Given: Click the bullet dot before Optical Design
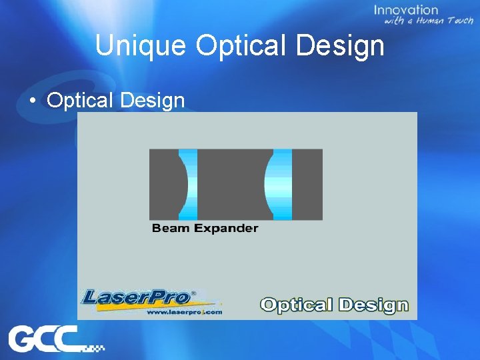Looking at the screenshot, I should pyautogui.click(x=32, y=101).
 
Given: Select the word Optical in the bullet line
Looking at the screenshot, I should pyautogui.click(x=79, y=101).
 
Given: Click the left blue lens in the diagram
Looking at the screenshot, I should pyautogui.click(x=189, y=185).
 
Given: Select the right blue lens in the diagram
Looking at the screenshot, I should pyautogui.click(x=280, y=185).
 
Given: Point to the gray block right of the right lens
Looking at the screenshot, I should pyautogui.click(x=307, y=185).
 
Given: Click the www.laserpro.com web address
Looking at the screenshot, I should pyautogui.click(x=183, y=311).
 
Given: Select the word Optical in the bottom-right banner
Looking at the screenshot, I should pyautogui.click(x=296, y=305).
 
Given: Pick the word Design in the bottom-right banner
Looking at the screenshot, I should pyautogui.click(x=373, y=305).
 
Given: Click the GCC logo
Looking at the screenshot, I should pyautogui.click(x=48, y=340).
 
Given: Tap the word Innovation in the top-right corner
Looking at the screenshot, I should pyautogui.click(x=406, y=10).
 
